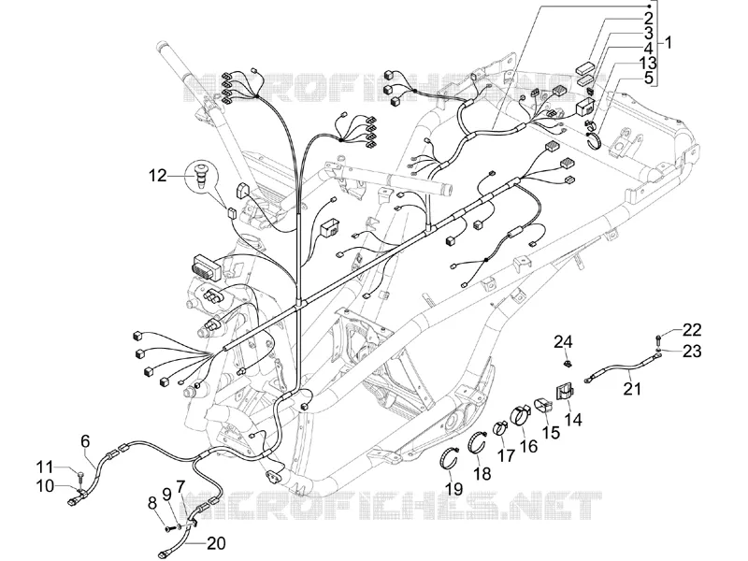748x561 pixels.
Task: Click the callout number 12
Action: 158,176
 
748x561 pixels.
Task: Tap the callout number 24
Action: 563,342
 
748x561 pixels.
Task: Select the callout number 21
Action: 633,388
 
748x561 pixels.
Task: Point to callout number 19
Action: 453,488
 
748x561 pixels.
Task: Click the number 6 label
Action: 85,441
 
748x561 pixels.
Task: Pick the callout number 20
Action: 217,543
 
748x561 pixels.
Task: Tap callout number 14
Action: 573,420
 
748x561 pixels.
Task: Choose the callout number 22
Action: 692,330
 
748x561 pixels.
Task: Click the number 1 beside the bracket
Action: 668,42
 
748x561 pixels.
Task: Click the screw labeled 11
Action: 79,475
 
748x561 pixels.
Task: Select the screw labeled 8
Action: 168,528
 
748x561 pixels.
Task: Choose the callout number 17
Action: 506,455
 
